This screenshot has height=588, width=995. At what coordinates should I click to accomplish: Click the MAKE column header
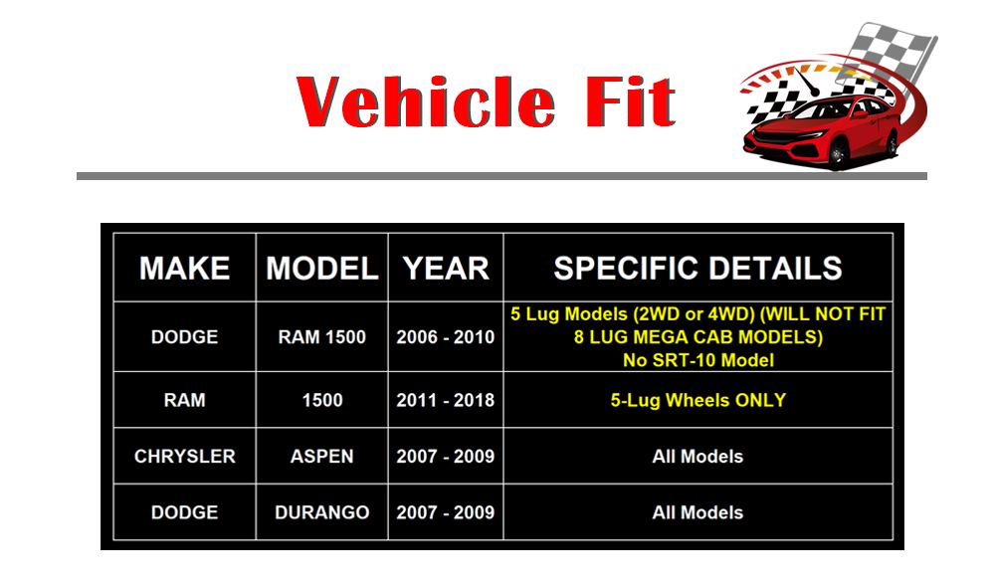pyautogui.click(x=185, y=269)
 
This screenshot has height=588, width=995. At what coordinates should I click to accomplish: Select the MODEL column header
pyautogui.click(x=321, y=269)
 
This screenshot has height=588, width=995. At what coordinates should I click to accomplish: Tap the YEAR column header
pyautogui.click(x=446, y=269)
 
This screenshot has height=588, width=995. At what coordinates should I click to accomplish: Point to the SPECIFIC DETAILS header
pyautogui.click(x=698, y=269)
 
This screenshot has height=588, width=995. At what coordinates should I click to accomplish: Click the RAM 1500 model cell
pyautogui.click(x=321, y=337)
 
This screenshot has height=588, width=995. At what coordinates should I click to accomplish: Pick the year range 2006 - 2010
pyautogui.click(x=446, y=337)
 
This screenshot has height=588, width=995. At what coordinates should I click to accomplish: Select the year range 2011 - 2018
pyautogui.click(x=446, y=400)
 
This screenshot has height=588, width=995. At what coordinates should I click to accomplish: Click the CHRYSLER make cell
pyautogui.click(x=185, y=456)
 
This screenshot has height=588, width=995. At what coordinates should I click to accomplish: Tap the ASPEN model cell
pyautogui.click(x=321, y=456)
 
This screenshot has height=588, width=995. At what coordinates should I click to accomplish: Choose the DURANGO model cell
pyautogui.click(x=321, y=512)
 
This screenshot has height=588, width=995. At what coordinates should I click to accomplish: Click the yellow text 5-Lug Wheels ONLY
pyautogui.click(x=698, y=400)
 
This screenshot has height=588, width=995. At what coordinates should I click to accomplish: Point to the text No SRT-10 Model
pyautogui.click(x=698, y=360)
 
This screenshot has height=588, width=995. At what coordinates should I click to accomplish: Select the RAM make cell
pyautogui.click(x=185, y=400)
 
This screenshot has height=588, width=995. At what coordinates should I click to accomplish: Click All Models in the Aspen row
pyautogui.click(x=698, y=456)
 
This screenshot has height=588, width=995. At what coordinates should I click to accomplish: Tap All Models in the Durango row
pyautogui.click(x=698, y=512)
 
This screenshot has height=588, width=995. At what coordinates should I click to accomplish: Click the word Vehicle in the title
pyautogui.click(x=426, y=101)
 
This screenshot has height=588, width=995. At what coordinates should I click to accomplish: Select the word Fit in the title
pyautogui.click(x=630, y=101)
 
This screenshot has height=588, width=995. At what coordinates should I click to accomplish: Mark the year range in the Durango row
pyautogui.click(x=446, y=512)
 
